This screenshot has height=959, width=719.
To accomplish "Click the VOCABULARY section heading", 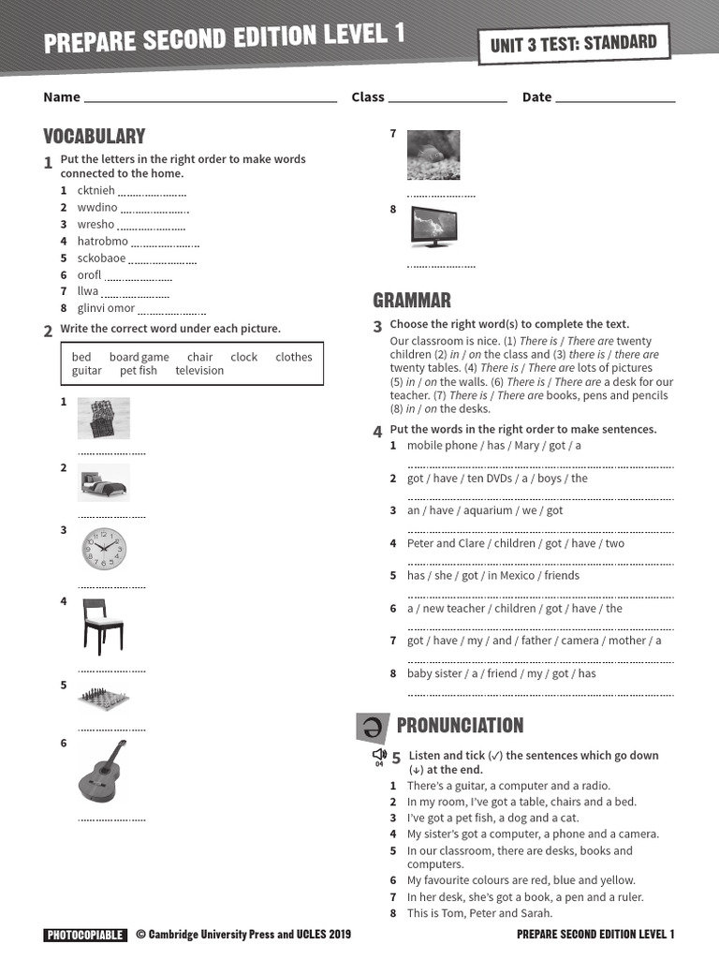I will (x=94, y=136).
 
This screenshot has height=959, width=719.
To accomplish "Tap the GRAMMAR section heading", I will (x=411, y=300).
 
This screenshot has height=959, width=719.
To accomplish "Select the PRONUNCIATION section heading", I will (x=460, y=725).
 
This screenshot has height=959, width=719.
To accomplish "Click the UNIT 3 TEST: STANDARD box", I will (x=574, y=43).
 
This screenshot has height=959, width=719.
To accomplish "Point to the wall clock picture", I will (x=103, y=550).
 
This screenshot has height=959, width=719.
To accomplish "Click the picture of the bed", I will (x=103, y=482).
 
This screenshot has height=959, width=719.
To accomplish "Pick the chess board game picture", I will (x=103, y=698).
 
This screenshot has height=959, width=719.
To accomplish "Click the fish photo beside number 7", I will (x=433, y=155).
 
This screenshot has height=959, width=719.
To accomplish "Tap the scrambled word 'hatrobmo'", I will (x=102, y=242).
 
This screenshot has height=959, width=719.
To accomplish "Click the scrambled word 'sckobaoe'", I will (x=101, y=258).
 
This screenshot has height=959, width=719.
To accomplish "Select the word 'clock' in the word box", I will (x=243, y=357).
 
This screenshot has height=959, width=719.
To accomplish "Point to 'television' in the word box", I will (x=199, y=371).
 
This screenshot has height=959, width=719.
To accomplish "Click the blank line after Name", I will (x=210, y=97).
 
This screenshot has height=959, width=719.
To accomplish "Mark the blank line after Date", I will (x=615, y=97).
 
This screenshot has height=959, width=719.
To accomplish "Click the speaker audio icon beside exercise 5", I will (x=379, y=755).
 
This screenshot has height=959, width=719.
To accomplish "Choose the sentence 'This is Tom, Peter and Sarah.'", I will (x=479, y=913).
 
